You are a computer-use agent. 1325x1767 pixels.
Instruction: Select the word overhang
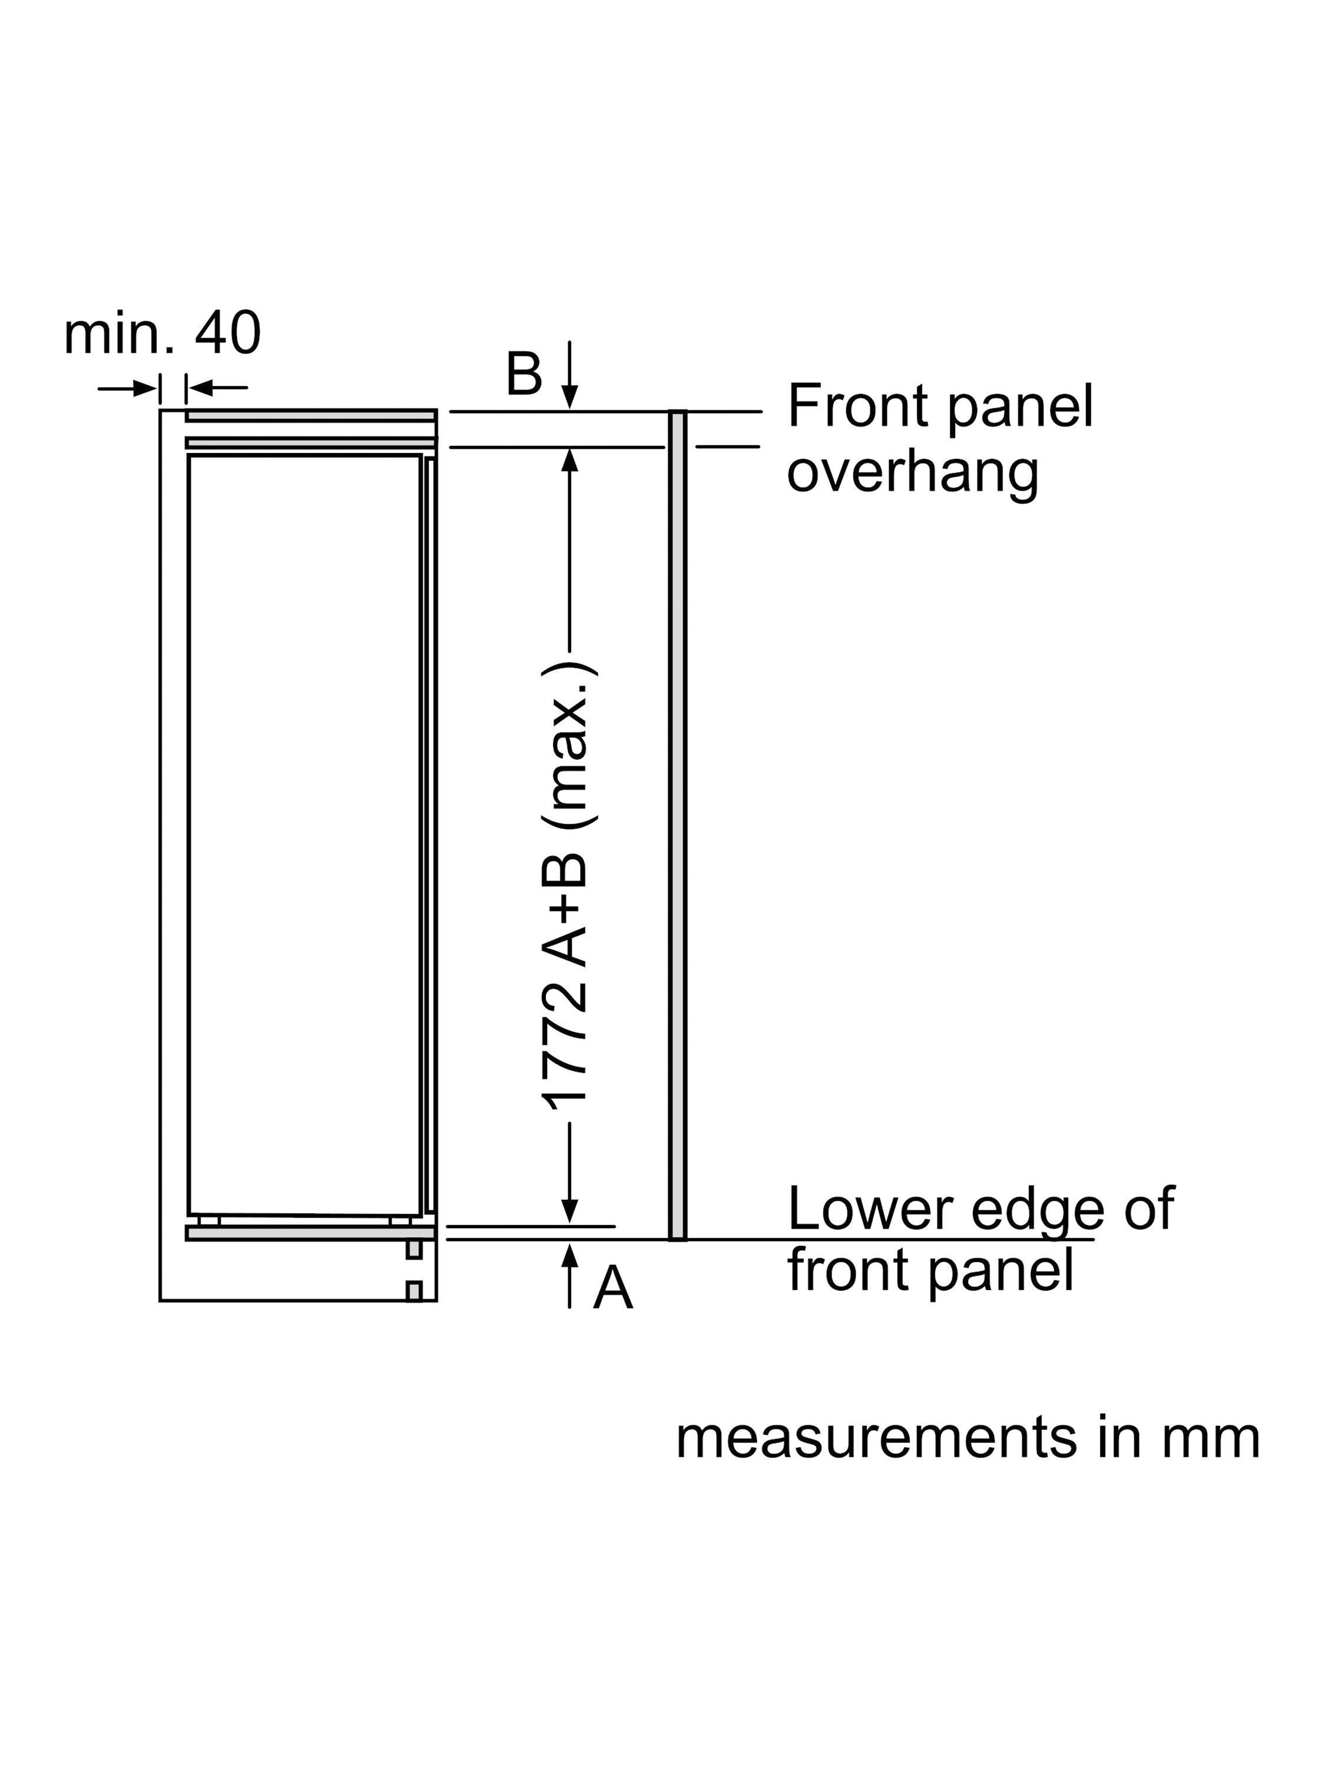pos(913,473)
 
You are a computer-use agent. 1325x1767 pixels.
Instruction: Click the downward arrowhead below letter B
pos(569,398)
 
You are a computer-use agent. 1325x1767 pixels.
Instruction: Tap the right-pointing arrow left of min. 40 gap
pos(128,389)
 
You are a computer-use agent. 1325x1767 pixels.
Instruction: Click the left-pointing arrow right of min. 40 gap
pos(217,388)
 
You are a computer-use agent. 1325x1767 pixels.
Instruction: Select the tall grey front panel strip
pos(677,825)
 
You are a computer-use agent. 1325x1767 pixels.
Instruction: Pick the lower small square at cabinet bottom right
pos(414,1291)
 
